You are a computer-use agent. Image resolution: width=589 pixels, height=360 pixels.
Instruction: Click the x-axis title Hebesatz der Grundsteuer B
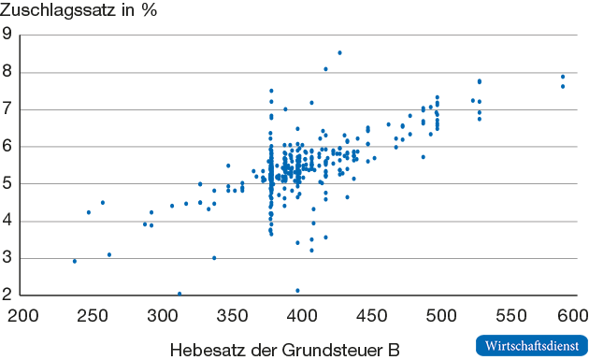click(285, 349)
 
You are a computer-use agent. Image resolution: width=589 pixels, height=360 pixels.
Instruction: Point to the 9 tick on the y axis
click(7, 36)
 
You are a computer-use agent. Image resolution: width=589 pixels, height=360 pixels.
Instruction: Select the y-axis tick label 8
click(7, 72)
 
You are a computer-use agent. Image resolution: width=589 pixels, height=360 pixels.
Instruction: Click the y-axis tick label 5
click(7, 184)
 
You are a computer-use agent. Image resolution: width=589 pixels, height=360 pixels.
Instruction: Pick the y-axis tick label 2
click(7, 295)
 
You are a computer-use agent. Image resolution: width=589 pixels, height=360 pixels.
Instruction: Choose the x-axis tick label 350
click(231, 314)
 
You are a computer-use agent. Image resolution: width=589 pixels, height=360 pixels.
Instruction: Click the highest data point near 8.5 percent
click(339, 52)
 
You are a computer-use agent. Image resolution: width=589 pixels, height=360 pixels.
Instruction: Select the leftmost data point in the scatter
click(75, 261)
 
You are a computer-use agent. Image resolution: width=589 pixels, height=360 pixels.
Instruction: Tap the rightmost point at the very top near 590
click(563, 77)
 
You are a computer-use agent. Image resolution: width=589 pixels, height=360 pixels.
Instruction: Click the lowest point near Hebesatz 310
click(180, 294)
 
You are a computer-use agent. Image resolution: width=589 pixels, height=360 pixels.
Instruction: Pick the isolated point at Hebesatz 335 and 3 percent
click(214, 258)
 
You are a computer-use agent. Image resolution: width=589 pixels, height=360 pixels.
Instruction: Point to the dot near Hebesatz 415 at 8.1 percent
click(325, 69)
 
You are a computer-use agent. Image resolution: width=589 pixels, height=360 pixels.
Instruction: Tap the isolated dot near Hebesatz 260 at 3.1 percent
click(109, 254)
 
